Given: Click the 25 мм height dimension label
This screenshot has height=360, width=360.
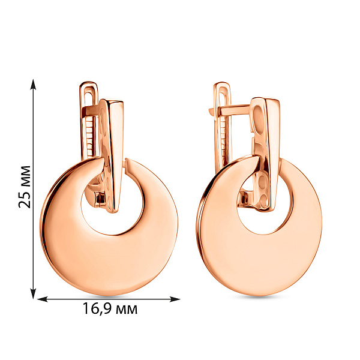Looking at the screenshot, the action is [25, 187].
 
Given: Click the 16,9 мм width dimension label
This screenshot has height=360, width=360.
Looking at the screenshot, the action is [110, 308].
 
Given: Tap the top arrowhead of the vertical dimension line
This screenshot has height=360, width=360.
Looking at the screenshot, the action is [34, 85].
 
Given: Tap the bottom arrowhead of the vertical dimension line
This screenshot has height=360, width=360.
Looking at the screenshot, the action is [34, 293].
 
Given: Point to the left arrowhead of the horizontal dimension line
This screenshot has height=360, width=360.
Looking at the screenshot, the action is [42, 299].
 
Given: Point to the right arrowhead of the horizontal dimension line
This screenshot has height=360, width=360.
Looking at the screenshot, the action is [175, 299].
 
